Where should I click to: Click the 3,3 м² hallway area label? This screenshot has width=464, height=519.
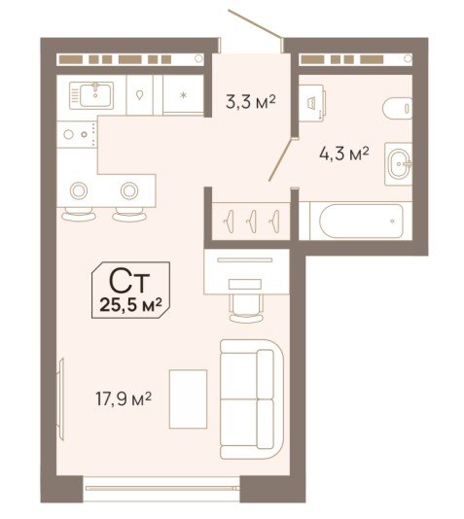250,102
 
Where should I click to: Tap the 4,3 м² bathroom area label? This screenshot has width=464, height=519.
344,154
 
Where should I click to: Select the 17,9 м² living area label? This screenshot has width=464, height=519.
124,398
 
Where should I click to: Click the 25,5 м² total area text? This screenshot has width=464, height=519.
130,305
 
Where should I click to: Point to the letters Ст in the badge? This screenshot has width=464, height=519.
129,281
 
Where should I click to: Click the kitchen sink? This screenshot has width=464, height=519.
91,95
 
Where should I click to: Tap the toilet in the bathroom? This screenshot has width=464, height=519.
398,108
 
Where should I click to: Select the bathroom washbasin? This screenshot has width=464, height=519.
399,164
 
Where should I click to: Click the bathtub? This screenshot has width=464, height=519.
361,221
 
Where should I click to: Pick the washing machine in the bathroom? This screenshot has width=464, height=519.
311,101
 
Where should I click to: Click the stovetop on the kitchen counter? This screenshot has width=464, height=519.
77,134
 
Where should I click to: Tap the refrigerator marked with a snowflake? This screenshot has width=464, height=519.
183,95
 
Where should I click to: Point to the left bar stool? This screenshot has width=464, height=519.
79,215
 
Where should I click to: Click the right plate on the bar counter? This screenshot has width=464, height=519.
129,190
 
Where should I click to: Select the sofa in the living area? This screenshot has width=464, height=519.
252,399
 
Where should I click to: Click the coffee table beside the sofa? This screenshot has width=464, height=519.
188,399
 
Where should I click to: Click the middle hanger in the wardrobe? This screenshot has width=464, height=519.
252,221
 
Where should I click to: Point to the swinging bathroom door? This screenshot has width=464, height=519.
281,160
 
